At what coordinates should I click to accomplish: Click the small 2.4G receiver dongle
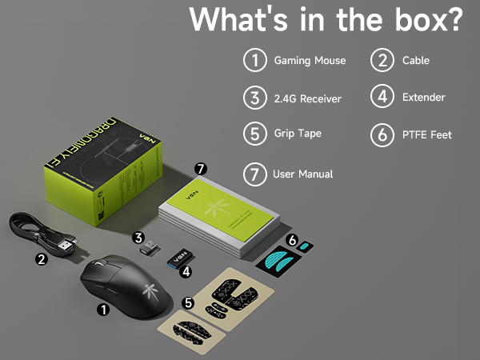point(146,250)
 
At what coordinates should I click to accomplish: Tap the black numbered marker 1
point(102,308)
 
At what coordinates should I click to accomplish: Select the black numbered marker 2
point(41,258)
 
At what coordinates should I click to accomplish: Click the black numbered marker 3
point(138,237)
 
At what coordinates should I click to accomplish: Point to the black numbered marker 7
point(201,169)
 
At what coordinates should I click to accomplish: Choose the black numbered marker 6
point(293,239)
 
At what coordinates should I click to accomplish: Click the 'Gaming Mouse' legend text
point(310,61)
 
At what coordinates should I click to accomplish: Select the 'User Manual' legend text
point(302,174)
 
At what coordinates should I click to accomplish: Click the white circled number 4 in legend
point(382,97)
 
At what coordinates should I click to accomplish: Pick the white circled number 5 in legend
point(254,134)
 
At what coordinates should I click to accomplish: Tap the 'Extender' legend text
point(423,98)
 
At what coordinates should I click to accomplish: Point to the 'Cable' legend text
point(416,61)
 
